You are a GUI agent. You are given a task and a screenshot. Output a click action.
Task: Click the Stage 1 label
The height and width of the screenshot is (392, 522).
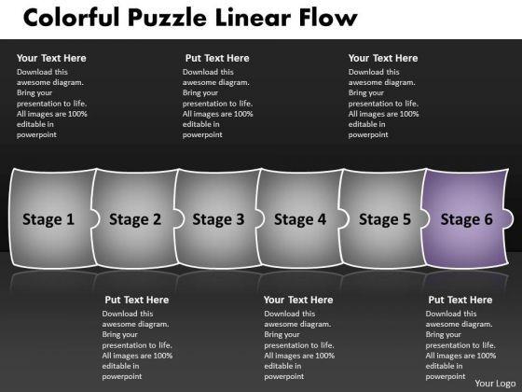48,219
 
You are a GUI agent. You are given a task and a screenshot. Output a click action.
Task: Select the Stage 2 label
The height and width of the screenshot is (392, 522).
135,219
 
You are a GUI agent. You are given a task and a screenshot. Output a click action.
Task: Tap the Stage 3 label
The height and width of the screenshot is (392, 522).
218,219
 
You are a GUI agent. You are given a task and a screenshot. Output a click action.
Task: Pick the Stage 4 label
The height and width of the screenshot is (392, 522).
300,219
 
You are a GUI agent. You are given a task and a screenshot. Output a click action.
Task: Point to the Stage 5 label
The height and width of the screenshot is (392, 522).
385,219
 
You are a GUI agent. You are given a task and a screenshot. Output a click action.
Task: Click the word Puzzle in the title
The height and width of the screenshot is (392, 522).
167,18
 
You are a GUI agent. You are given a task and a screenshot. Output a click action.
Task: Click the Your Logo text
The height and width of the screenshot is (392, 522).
495,384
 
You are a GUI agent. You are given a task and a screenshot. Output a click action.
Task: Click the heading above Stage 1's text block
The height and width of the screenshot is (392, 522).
51,58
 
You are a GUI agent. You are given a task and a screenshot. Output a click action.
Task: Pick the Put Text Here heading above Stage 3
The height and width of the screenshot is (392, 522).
217,58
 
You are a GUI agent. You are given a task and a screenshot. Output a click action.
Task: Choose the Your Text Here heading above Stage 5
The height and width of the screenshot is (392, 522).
383,58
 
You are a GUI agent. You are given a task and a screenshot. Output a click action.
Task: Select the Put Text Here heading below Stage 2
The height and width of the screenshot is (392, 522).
136,300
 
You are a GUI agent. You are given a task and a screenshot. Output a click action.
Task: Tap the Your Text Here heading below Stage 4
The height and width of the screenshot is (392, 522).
298,300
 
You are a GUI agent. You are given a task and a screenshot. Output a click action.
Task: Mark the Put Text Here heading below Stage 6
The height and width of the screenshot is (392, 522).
460,300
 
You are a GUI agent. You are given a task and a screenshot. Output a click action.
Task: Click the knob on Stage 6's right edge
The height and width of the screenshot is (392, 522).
508,218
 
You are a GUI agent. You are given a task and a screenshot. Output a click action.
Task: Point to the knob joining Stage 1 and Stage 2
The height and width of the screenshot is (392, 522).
94,218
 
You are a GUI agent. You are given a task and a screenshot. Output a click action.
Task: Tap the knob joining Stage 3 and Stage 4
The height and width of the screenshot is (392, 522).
260,218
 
